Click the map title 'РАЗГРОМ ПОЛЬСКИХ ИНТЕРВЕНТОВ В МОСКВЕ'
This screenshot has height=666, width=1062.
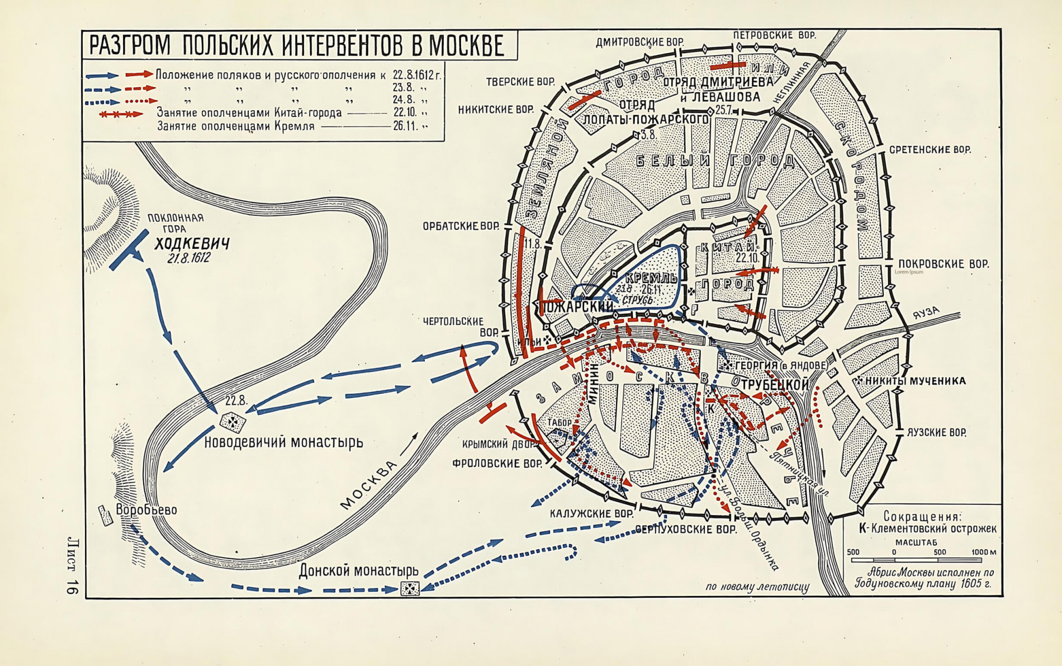(x=297, y=45)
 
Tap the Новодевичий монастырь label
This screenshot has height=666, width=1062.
(x=283, y=442)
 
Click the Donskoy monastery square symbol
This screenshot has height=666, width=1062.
(x=410, y=588)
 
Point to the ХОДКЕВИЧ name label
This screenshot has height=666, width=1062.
(x=192, y=244)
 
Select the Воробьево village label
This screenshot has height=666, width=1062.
(x=146, y=510)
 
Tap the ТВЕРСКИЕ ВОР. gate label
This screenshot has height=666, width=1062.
(x=520, y=82)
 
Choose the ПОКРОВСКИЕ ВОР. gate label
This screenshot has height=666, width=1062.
(x=943, y=264)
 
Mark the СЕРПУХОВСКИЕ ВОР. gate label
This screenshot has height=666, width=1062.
(x=686, y=529)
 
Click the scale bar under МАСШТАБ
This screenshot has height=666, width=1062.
(x=917, y=560)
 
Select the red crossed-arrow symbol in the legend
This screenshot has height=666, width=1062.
(x=120, y=114)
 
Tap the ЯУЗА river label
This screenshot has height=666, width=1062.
(x=927, y=313)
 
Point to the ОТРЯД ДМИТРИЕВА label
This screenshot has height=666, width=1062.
(x=718, y=82)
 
